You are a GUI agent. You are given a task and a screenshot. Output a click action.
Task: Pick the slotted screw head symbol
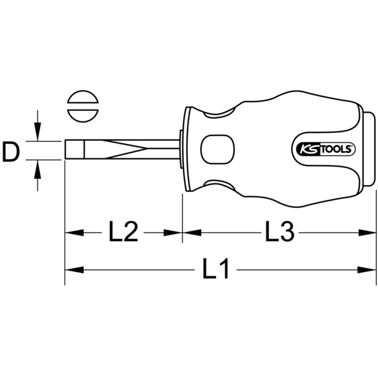tap(83, 106)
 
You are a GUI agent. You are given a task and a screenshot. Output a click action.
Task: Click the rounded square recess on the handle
tap(217, 149)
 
